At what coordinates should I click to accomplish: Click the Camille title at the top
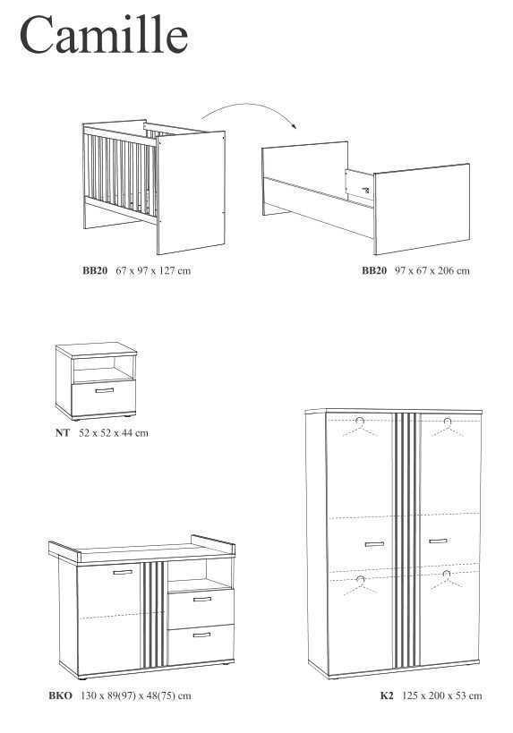click(104, 35)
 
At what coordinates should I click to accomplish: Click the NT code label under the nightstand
click(62, 433)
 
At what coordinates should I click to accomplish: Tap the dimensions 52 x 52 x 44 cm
click(114, 433)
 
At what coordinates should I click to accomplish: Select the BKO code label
click(61, 695)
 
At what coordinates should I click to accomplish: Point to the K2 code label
click(387, 695)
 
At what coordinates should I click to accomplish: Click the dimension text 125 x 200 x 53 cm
click(442, 695)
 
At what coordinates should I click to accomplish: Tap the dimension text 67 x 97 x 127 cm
click(153, 270)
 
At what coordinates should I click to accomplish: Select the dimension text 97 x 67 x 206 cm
click(432, 270)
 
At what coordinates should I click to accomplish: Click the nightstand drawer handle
click(104, 390)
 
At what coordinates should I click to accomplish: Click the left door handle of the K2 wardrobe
click(374, 544)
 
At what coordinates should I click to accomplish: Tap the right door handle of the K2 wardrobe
click(438, 541)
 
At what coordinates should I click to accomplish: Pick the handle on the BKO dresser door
click(123, 572)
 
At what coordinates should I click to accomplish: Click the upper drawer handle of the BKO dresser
click(202, 599)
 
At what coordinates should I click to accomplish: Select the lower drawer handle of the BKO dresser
click(201, 635)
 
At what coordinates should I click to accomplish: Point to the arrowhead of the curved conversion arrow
click(295, 125)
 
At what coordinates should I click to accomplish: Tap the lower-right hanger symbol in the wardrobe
click(447, 580)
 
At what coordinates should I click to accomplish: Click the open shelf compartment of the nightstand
click(103, 370)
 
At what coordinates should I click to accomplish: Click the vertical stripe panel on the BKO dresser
click(153, 615)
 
